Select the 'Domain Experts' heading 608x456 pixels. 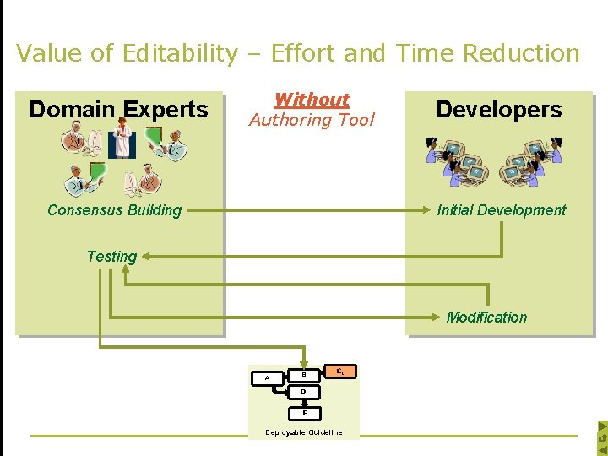coord(118,109)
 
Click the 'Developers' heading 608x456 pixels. coord(498,109)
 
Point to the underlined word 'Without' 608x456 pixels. coord(312,100)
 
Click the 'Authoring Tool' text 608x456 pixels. coord(312,120)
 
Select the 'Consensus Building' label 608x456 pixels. coord(114,210)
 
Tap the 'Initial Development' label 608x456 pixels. coord(502,210)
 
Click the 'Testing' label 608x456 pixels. coord(111,256)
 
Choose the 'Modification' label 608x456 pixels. coord(486,318)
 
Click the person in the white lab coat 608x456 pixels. coord(122,139)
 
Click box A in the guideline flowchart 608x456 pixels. coord(268,378)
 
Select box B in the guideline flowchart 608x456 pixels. coord(303,374)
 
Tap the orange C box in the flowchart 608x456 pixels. coord(339,370)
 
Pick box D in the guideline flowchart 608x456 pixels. coord(303,392)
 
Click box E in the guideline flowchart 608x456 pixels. coord(304,413)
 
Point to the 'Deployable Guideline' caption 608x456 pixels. coord(304,432)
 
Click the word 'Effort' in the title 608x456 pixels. coord(298,53)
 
